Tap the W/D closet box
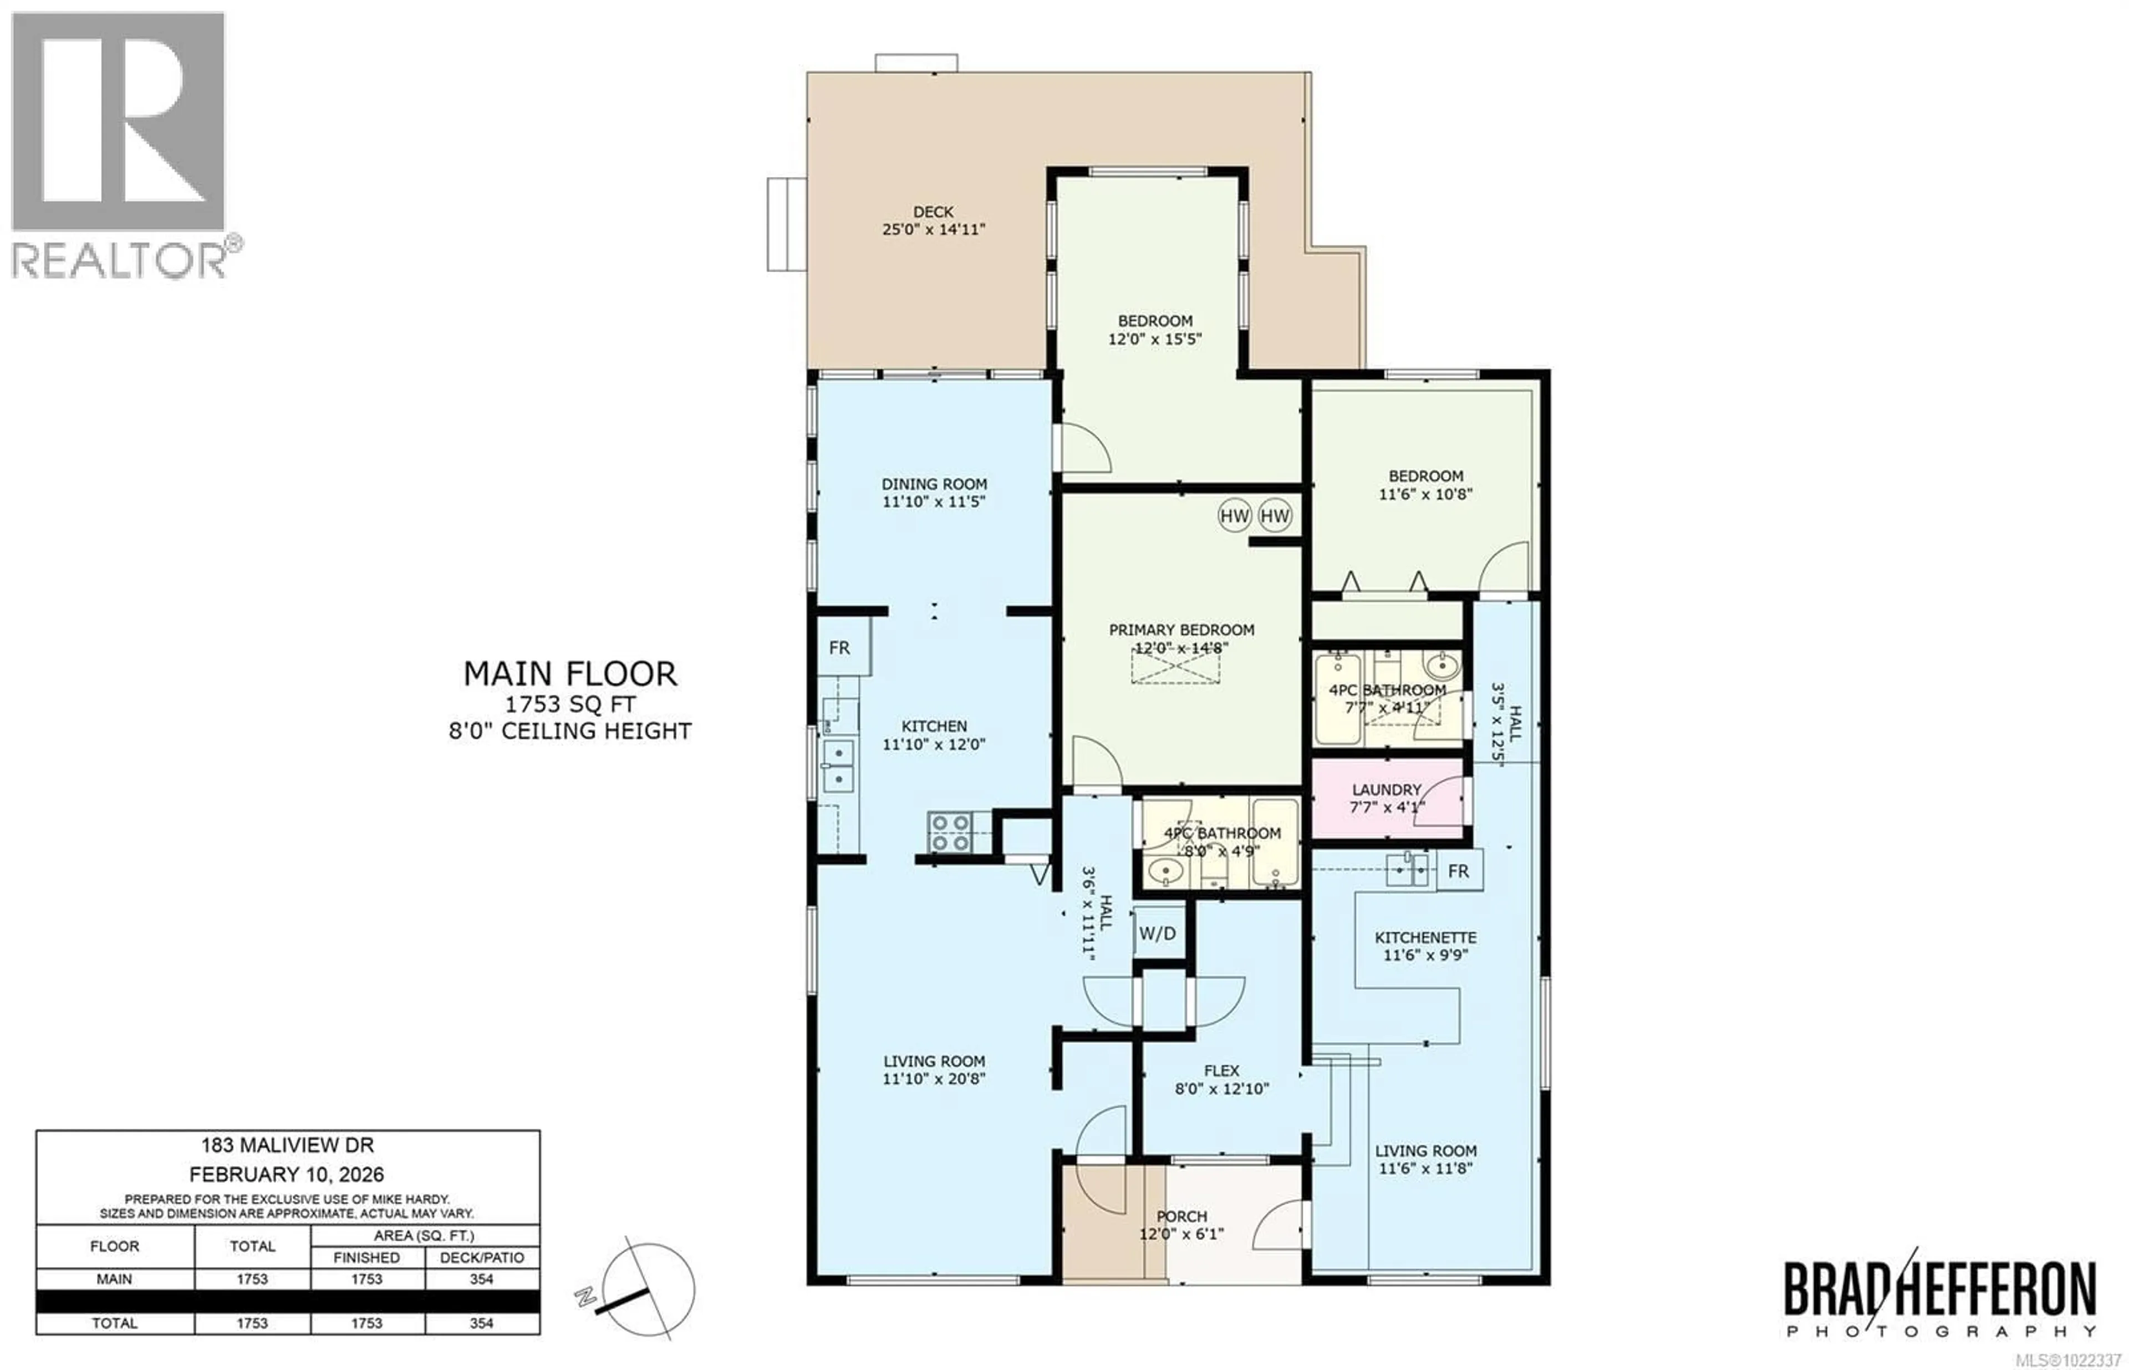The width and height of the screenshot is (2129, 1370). pos(1157,933)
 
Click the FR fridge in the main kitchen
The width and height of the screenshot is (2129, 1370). pos(839,648)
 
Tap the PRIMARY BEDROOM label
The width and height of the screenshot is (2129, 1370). pos(1181,630)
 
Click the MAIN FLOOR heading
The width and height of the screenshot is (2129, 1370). pos(570,673)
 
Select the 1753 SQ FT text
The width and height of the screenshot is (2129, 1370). pos(570,704)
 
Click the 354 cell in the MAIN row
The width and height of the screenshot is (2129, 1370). pos(481,1279)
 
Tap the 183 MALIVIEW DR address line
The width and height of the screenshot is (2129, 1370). pos(287,1146)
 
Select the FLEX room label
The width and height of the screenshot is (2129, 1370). pos(1221,1071)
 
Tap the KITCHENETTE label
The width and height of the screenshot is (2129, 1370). pos(1425,938)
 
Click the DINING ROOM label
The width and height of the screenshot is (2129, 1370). pos(934,484)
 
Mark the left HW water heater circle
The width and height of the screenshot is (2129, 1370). pos(1234,515)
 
